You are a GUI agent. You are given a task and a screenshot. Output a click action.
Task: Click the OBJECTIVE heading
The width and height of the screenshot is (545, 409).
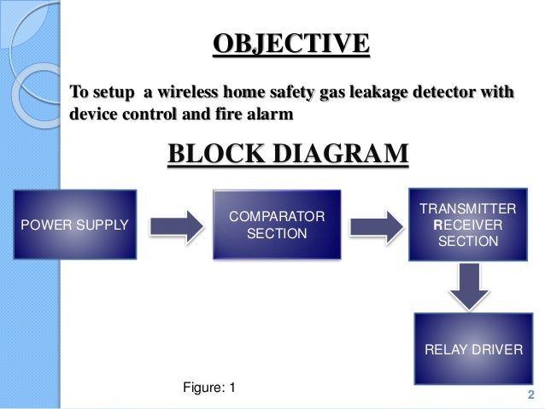pos(290,44)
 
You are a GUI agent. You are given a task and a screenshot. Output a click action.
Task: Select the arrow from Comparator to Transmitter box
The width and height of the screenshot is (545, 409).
pos(377,225)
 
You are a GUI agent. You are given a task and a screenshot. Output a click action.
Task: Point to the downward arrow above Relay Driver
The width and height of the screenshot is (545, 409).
pos(469,286)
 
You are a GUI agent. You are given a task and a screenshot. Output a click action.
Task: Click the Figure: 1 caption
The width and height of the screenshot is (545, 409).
pos(209,388)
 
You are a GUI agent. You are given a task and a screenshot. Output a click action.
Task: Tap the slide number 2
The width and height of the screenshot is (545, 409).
pos(530,394)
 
